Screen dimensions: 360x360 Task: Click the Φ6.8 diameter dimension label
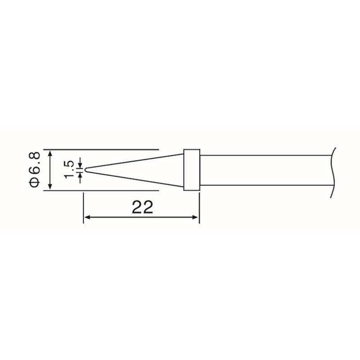click(35, 170)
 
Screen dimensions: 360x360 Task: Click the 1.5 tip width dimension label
click(69, 170)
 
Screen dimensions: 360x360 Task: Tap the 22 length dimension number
click(142, 207)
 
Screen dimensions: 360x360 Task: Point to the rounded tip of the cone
click(85, 170)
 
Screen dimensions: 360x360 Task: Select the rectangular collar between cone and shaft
click(192, 170)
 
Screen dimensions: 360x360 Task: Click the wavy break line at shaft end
click(333, 173)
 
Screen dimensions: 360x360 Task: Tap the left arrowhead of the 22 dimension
click(87, 217)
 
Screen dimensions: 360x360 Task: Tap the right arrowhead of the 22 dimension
click(195, 217)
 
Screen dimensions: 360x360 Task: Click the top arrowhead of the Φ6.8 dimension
click(50, 153)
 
